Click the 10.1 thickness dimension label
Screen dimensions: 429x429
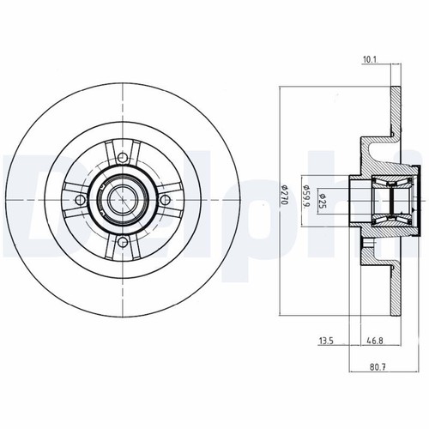(371, 59)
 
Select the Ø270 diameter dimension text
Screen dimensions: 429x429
(283, 195)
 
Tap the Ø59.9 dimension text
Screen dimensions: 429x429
(306, 197)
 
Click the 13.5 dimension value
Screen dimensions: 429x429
(326, 341)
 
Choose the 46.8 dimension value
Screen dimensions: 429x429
(375, 341)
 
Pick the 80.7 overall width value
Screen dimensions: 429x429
(378, 367)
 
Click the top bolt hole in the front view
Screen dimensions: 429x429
(123, 157)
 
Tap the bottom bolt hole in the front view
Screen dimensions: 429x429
(123, 243)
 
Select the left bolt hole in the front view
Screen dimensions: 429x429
(80, 200)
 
